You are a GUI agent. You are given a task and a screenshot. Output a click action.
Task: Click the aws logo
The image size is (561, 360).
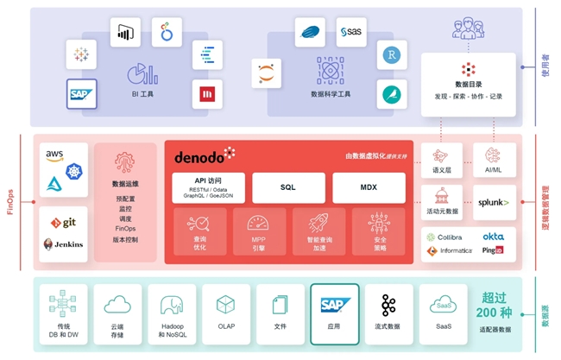(55, 155)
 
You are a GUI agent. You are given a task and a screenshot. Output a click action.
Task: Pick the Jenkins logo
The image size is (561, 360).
(63, 243)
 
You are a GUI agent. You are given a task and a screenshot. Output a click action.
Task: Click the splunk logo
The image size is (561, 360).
(494, 203)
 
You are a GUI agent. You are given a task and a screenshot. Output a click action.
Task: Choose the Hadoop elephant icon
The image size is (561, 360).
(169, 305)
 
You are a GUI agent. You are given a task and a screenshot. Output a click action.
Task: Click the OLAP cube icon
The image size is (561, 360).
(225, 305)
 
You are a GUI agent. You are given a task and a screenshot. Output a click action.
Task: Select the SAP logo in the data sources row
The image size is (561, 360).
(334, 305)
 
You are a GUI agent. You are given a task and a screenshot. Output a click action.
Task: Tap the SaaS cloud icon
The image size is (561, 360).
(444, 305)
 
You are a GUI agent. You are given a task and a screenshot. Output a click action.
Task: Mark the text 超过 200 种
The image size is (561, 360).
(494, 304)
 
